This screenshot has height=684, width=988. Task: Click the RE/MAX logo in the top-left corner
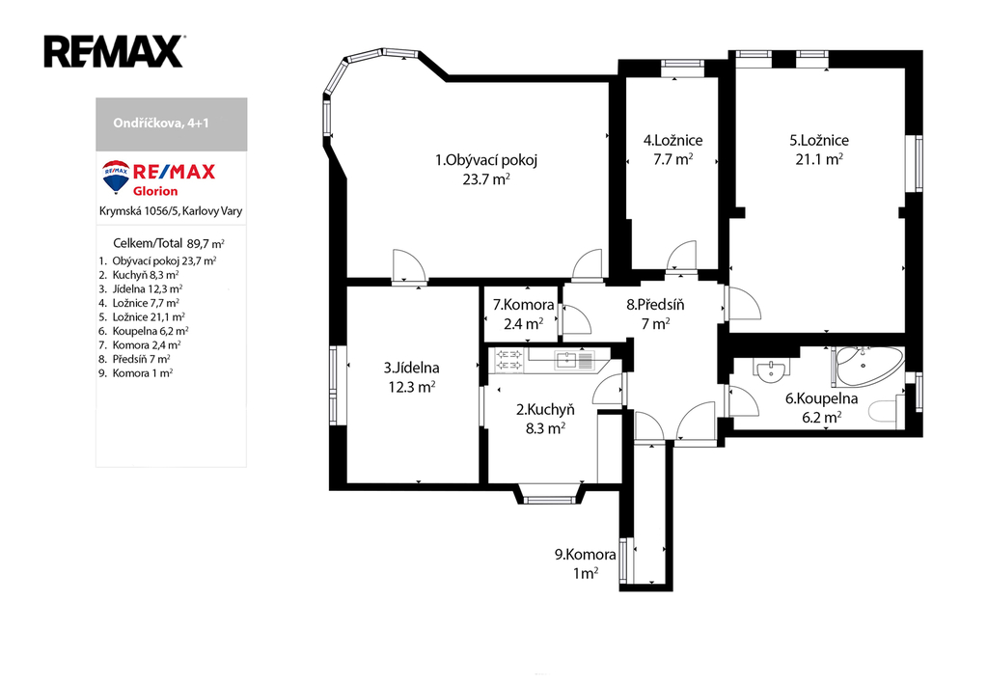pyautogui.click(x=114, y=52)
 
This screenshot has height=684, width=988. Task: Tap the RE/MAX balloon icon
pyautogui.click(x=116, y=176)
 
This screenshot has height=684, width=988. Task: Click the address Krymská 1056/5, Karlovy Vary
pyautogui.click(x=171, y=211)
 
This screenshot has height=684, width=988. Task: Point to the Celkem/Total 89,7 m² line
pyautogui.click(x=169, y=243)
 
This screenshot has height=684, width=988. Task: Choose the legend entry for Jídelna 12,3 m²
pyautogui.click(x=141, y=289)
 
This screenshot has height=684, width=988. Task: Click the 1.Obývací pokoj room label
pyautogui.click(x=486, y=160)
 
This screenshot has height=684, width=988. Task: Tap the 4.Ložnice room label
pyautogui.click(x=672, y=141)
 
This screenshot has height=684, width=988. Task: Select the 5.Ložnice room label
pyautogui.click(x=819, y=141)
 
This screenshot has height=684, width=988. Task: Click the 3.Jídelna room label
pyautogui.click(x=411, y=368)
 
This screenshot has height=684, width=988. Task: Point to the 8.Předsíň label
pyautogui.click(x=655, y=306)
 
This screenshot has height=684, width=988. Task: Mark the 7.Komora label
pyautogui.click(x=524, y=306)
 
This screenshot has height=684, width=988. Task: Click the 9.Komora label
pyautogui.click(x=586, y=555)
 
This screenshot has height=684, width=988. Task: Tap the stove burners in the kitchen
pyautogui.click(x=509, y=360)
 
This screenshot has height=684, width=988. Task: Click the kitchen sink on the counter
pyautogui.click(x=574, y=361)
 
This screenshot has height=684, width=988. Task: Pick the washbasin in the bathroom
pyautogui.click(x=771, y=371)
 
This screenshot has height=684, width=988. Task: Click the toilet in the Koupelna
pyautogui.click(x=887, y=411)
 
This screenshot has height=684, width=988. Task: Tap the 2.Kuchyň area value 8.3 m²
pyautogui.click(x=546, y=429)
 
